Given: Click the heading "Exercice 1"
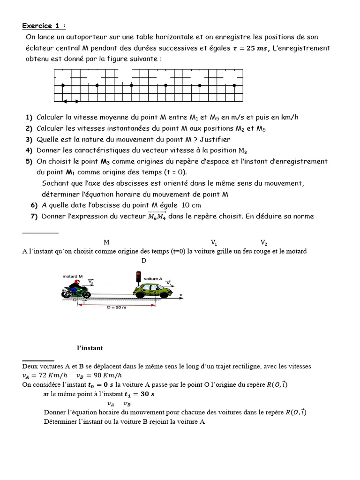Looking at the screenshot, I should pos(44,26).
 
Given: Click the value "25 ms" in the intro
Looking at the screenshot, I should pos(253,48).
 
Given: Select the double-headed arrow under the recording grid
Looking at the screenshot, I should pos(71,101).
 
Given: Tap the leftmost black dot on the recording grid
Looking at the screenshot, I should pos(63,85).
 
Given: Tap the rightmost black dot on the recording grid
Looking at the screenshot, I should pos(234,85).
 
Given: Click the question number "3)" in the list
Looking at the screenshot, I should pos(29,139).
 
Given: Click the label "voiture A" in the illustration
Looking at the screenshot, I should pos(153,278).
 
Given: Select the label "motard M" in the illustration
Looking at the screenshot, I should pos(73,276).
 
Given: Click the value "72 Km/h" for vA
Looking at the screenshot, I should pos(52,375).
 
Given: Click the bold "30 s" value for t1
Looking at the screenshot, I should pos(147,394).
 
